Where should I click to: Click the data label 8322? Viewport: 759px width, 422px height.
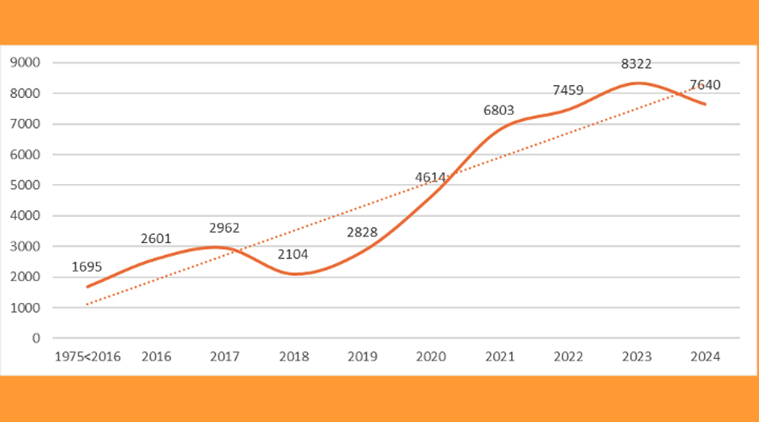tap(636, 63)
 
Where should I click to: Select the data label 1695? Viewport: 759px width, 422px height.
tap(87, 268)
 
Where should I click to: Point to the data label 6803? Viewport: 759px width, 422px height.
tap(498, 110)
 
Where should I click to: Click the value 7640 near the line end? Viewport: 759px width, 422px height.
tap(705, 85)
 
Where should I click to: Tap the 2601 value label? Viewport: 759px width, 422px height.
tap(156, 240)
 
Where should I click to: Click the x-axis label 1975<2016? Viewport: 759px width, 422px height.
tap(88, 357)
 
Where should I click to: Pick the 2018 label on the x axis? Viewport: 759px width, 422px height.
tap(293, 357)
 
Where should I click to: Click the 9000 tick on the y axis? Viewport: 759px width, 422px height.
tap(25, 62)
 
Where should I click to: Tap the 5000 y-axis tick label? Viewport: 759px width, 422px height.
tap(25, 185)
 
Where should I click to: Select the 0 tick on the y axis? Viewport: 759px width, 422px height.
tap(35, 338)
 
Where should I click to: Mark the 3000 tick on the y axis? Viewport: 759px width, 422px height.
tap(25, 246)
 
